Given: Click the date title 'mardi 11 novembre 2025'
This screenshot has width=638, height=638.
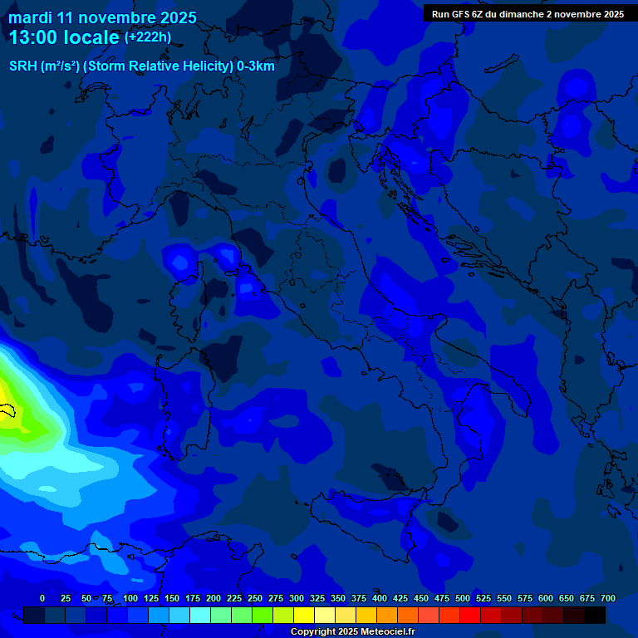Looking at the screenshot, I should click(x=103, y=17).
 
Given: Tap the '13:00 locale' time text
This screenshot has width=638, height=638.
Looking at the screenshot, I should click(x=66, y=37).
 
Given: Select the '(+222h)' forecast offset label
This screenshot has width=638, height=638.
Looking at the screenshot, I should click(x=148, y=37).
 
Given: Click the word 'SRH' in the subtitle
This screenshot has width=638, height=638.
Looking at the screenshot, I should click(x=22, y=66).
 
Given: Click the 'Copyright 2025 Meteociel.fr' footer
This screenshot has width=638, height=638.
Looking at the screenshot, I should click(x=352, y=632).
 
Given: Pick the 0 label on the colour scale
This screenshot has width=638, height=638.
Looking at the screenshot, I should click(x=42, y=598).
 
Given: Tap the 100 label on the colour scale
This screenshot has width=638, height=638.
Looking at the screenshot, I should click(x=130, y=598).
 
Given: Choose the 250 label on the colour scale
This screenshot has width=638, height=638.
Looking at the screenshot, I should click(x=255, y=598).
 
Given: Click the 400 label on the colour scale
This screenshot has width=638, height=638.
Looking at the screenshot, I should click(x=380, y=598).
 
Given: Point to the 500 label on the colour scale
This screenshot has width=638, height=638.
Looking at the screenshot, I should click(x=463, y=598).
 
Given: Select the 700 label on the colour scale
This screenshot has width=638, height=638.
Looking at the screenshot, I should click(x=608, y=598).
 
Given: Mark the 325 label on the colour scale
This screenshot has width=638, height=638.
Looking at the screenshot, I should click(x=317, y=598).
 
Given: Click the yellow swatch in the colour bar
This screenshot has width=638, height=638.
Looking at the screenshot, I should click(x=304, y=616).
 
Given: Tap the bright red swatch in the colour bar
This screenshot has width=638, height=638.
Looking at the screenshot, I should click(x=470, y=616).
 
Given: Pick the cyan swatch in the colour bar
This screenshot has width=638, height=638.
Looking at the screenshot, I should click(x=200, y=616).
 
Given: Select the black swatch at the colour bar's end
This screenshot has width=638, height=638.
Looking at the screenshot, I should click(x=595, y=616).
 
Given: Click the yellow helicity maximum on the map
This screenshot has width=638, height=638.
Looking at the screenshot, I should click(x=10, y=399).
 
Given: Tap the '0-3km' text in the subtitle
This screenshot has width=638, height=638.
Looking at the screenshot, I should click(x=255, y=66).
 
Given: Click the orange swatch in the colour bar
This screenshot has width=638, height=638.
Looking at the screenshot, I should click(x=387, y=616).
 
